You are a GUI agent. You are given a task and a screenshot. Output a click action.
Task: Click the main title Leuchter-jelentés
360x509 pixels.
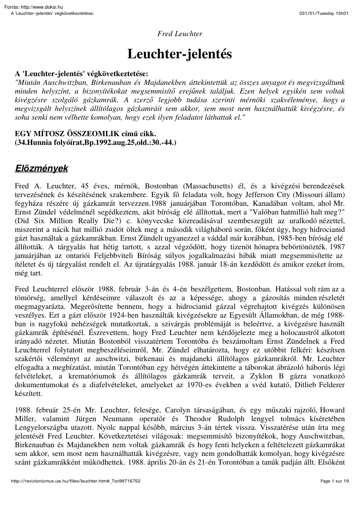179,54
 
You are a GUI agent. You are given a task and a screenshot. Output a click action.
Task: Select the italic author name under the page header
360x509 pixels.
179,34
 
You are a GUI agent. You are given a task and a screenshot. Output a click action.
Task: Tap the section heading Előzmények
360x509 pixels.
41,168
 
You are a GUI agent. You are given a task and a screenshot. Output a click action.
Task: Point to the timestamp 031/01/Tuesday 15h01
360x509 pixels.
324,13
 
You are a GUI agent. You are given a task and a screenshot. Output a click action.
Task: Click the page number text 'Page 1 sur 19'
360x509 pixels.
335,493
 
